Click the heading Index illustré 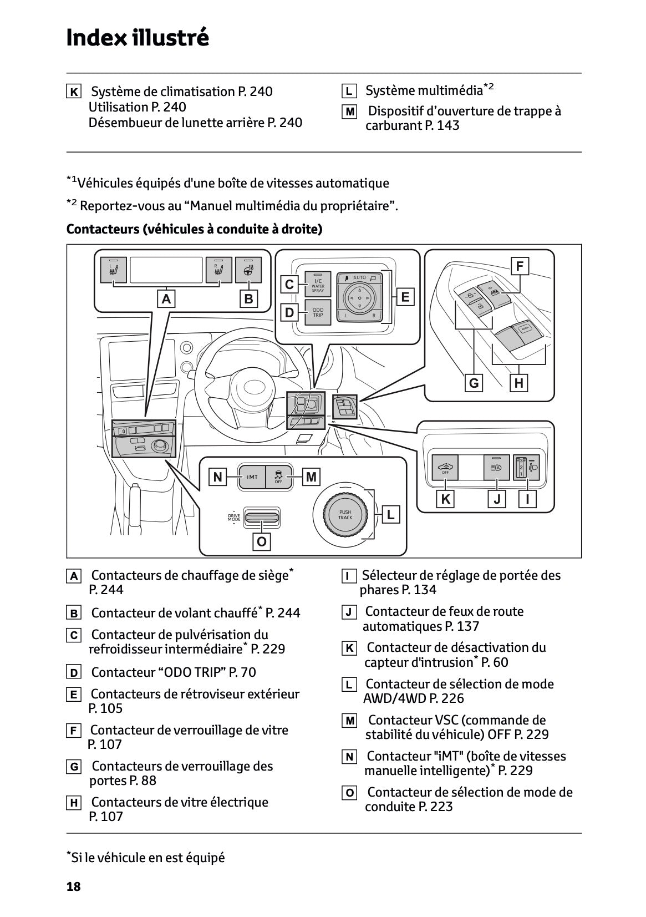pos(137,38)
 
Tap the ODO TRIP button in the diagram pos(318,312)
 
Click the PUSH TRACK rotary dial pos(345,514)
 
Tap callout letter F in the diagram pos(519,266)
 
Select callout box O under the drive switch pos(262,541)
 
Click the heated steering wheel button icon pos(248,270)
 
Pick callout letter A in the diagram pos(165,299)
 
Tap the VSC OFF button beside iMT pos(278,477)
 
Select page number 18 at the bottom pos(73,886)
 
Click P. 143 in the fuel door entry pos(442,125)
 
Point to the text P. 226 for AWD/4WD pos(446,698)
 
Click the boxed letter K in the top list pos(73,92)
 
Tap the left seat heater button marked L pos(114,270)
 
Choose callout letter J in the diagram pos(497,499)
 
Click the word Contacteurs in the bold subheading pos(101,229)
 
